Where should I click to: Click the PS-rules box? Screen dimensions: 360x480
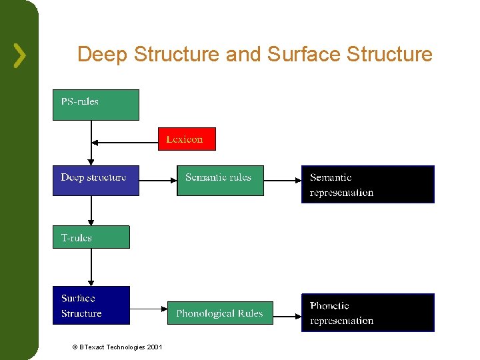tap(96, 105)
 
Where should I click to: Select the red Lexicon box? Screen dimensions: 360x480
tap(187, 139)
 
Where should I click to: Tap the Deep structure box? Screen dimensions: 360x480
tap(96, 180)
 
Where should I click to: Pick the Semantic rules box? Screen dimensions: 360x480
tap(220, 180)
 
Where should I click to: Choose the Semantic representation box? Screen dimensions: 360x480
tap(367, 184)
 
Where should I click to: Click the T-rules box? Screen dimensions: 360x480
tap(91, 237)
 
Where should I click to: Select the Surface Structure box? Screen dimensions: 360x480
tap(91, 305)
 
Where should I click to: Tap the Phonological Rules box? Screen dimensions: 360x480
tap(219, 313)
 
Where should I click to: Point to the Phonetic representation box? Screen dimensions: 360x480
tap(367, 313)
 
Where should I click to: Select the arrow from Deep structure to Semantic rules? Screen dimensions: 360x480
tap(158, 180)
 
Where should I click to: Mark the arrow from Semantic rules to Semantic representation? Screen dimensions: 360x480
tap(283, 180)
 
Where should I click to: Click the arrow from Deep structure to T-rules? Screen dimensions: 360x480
tap(91, 211)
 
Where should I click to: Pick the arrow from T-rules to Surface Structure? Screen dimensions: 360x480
tap(91, 267)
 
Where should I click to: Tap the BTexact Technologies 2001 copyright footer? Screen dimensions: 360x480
tap(117, 347)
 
